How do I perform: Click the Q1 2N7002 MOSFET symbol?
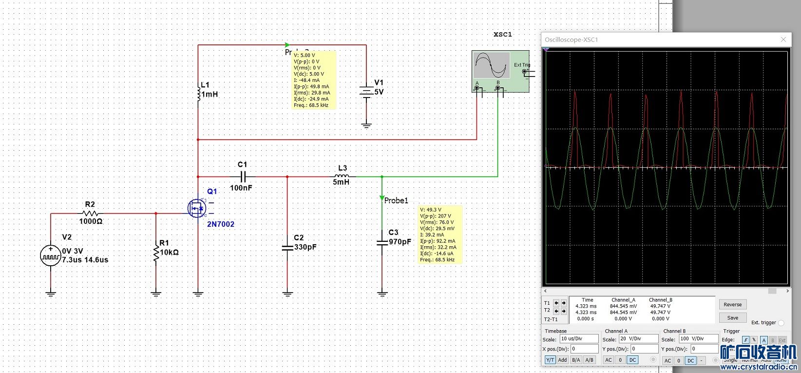click(x=197, y=208)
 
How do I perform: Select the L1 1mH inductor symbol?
click(x=198, y=93)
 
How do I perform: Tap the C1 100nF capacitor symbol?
click(x=243, y=177)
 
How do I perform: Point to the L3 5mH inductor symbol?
click(x=342, y=176)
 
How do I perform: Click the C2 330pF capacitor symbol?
click(x=287, y=248)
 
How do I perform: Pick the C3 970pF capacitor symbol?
click(x=382, y=241)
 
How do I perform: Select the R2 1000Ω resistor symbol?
click(x=90, y=213)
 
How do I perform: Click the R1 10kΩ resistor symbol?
click(x=156, y=253)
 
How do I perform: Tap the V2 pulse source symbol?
click(x=51, y=255)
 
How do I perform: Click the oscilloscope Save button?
click(x=732, y=318)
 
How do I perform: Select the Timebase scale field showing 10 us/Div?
click(x=578, y=338)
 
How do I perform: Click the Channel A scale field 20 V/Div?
click(x=638, y=338)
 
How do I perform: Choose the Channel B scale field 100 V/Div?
click(x=698, y=338)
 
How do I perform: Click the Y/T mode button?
click(x=550, y=360)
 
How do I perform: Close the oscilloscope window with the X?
click(x=783, y=39)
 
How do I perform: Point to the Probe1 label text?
click(x=396, y=200)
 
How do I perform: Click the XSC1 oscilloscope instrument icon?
click(x=500, y=72)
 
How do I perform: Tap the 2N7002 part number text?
click(x=221, y=224)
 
